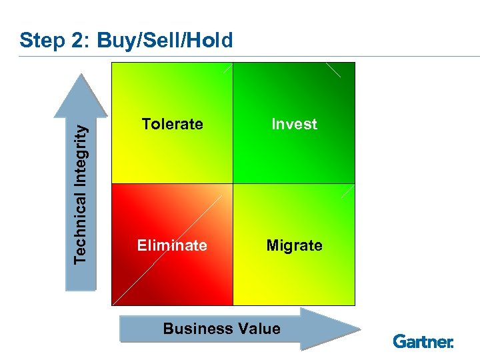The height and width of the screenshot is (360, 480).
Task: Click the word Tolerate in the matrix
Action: (172, 124)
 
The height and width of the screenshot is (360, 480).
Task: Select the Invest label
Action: (294, 124)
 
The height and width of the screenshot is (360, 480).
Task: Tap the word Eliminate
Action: (172, 245)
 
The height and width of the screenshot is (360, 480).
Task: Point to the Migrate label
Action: (294, 245)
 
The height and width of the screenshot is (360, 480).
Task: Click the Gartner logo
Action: (423, 341)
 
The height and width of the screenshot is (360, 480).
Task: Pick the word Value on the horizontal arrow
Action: (257, 329)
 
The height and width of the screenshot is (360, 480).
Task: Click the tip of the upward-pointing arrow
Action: (81, 75)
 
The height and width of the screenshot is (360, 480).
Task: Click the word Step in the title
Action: (40, 41)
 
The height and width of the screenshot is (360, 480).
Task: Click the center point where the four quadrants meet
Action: (233, 183)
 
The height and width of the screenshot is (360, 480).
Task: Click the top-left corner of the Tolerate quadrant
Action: (113, 64)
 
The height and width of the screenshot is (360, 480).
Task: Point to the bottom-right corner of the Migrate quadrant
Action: (354, 304)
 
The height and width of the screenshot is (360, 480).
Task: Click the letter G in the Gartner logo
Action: (399, 341)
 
